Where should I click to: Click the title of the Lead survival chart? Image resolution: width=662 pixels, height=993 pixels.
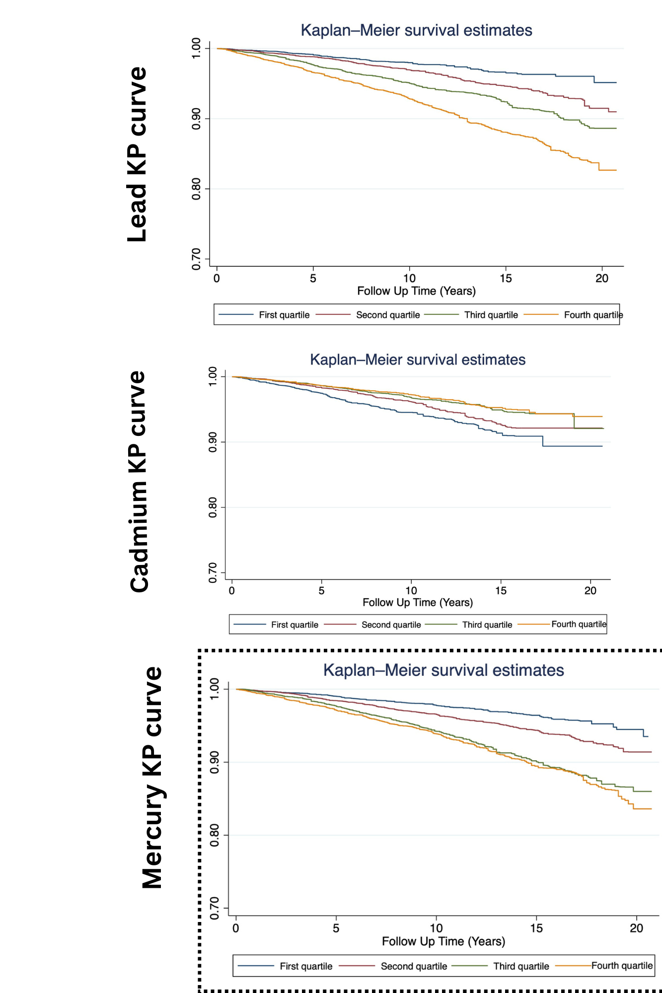[416, 30]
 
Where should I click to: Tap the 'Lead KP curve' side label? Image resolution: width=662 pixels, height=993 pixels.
[138, 154]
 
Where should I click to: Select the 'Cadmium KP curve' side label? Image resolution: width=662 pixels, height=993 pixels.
[139, 481]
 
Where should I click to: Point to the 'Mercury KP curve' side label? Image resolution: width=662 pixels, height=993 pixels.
[152, 778]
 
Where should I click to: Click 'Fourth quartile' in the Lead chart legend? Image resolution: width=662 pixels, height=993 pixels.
[593, 315]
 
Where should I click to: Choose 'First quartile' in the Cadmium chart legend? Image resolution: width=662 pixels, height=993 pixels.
[294, 625]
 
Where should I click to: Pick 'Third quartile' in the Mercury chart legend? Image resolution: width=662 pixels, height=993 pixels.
[521, 966]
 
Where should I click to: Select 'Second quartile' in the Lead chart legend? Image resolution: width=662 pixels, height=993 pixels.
[388, 315]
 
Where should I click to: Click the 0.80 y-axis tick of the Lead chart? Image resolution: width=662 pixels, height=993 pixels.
[197, 189]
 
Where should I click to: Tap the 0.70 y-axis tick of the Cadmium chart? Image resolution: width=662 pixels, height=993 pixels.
[213, 572]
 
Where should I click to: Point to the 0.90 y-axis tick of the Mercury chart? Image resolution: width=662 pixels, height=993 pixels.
[215, 762]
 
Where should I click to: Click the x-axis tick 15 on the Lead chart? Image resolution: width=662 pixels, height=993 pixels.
[506, 279]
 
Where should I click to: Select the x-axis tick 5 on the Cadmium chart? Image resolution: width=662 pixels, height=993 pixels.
[321, 591]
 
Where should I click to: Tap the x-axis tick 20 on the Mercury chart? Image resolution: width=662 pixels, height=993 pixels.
[636, 928]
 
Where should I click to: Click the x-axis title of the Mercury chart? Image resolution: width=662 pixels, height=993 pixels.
[443, 941]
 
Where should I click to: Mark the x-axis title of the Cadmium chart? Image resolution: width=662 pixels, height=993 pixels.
[417, 602]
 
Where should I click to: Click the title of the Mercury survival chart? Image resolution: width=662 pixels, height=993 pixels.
[443, 670]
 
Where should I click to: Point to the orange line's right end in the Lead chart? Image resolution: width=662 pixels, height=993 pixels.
[616, 170]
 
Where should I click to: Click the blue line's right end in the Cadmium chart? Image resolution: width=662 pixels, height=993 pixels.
[602, 446]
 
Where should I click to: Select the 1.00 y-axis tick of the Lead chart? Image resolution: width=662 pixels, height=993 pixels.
[197, 48]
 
